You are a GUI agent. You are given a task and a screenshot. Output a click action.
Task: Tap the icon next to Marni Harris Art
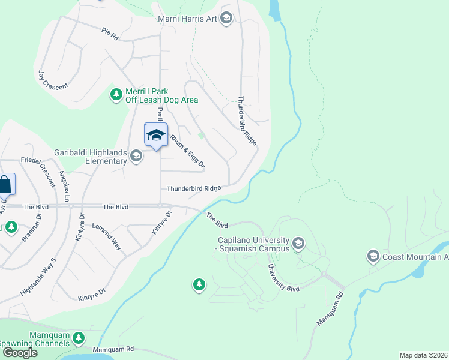[226, 19]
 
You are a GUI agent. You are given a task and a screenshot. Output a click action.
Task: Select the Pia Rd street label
[110, 32]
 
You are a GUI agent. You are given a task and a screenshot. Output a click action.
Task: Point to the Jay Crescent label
[53, 79]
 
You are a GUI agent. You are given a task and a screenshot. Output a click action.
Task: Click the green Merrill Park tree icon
[116, 94]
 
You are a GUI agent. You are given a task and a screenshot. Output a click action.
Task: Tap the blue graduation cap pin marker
[156, 135]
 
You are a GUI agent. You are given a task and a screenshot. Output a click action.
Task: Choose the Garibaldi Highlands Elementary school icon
[136, 157]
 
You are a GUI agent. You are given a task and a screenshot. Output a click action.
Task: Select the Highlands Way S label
[37, 277]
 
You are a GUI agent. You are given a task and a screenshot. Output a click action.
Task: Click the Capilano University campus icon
[299, 244]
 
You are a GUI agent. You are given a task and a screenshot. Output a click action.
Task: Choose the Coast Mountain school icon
[372, 257]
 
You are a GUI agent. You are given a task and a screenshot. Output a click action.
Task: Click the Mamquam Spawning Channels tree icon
[78, 338]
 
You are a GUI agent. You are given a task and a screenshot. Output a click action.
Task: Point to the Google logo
[20, 352]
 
